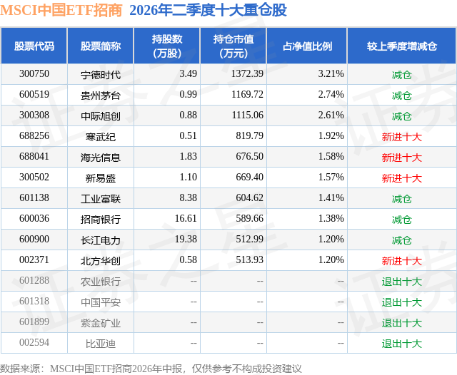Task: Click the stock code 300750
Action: [x=34, y=73]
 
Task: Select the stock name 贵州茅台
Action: [x=101, y=95]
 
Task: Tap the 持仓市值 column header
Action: [x=233, y=46]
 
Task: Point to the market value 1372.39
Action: [x=247, y=73]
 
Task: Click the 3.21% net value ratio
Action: [x=331, y=73]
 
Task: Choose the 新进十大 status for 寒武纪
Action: [x=402, y=136]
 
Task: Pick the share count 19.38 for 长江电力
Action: [x=186, y=239]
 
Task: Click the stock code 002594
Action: [x=34, y=342]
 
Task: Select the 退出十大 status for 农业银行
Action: [x=402, y=282]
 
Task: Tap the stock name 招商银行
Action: [x=101, y=219]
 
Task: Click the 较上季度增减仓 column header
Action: [x=402, y=46]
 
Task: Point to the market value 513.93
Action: [x=249, y=260]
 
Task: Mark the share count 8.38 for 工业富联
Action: [x=188, y=197]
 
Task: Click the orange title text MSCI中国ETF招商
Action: [x=61, y=11]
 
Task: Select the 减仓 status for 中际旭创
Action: [x=402, y=115]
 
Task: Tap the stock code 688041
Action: [x=34, y=156]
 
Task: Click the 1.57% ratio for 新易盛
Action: [x=331, y=177]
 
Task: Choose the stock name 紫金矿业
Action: [x=101, y=323]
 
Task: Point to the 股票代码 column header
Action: [x=34, y=46]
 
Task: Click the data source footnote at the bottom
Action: [x=151, y=369]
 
